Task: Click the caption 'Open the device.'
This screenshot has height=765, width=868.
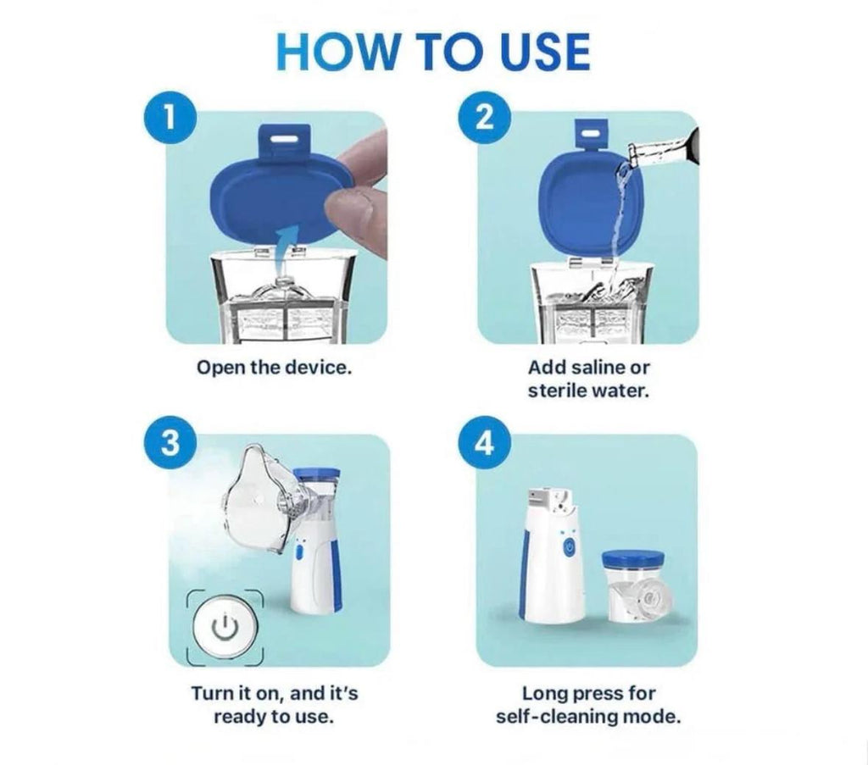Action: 273,369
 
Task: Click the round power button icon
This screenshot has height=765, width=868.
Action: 224,627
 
